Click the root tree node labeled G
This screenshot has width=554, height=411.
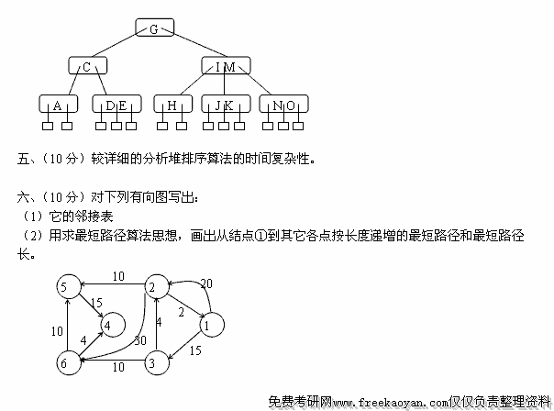(x=154, y=28)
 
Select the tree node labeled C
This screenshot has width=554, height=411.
(x=87, y=66)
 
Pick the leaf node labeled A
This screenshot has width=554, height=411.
(x=58, y=106)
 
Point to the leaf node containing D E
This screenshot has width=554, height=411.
(x=116, y=106)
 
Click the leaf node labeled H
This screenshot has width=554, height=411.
(x=172, y=106)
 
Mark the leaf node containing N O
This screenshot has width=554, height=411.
(x=283, y=106)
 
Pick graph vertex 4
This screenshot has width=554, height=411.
(x=110, y=323)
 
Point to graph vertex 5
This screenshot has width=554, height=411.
(x=65, y=287)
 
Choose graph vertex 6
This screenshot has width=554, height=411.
(x=65, y=363)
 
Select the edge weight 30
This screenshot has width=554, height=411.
(x=139, y=341)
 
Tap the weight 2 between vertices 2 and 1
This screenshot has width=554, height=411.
(x=180, y=313)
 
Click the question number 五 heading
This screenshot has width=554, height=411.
(x=24, y=159)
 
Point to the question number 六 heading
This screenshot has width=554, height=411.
(x=24, y=197)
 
